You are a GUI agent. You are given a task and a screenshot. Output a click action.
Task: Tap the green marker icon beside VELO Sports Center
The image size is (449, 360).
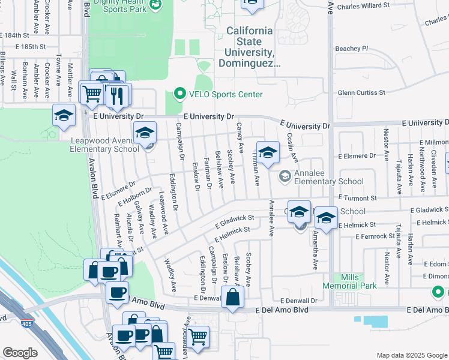point(179,94)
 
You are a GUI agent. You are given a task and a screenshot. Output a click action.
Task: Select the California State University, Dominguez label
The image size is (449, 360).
point(249,47)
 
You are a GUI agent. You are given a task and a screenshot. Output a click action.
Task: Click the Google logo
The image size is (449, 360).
point(20,353)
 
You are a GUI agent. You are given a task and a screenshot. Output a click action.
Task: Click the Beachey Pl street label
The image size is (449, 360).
point(351,48)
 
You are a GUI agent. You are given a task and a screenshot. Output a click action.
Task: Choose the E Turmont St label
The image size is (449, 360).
point(357,197)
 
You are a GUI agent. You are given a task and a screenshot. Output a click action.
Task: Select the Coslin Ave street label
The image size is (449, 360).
point(292,147)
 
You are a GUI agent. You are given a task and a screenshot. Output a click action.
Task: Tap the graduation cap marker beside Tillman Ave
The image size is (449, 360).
point(268,152)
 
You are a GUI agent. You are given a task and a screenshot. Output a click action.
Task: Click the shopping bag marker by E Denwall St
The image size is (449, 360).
point(232,296)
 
